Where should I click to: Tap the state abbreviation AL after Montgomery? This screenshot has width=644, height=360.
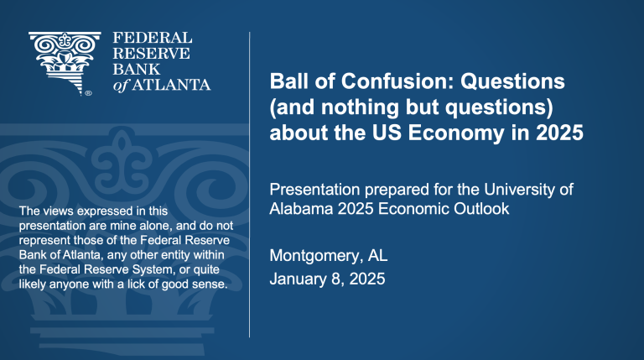377,255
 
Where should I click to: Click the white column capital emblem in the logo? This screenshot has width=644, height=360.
64,63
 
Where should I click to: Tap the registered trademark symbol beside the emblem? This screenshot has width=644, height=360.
88,93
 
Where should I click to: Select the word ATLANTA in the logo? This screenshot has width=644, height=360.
171,85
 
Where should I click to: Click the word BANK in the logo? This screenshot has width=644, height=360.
137,69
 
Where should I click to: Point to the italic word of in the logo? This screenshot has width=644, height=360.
121,85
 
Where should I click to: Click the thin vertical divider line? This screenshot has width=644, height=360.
249,185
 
